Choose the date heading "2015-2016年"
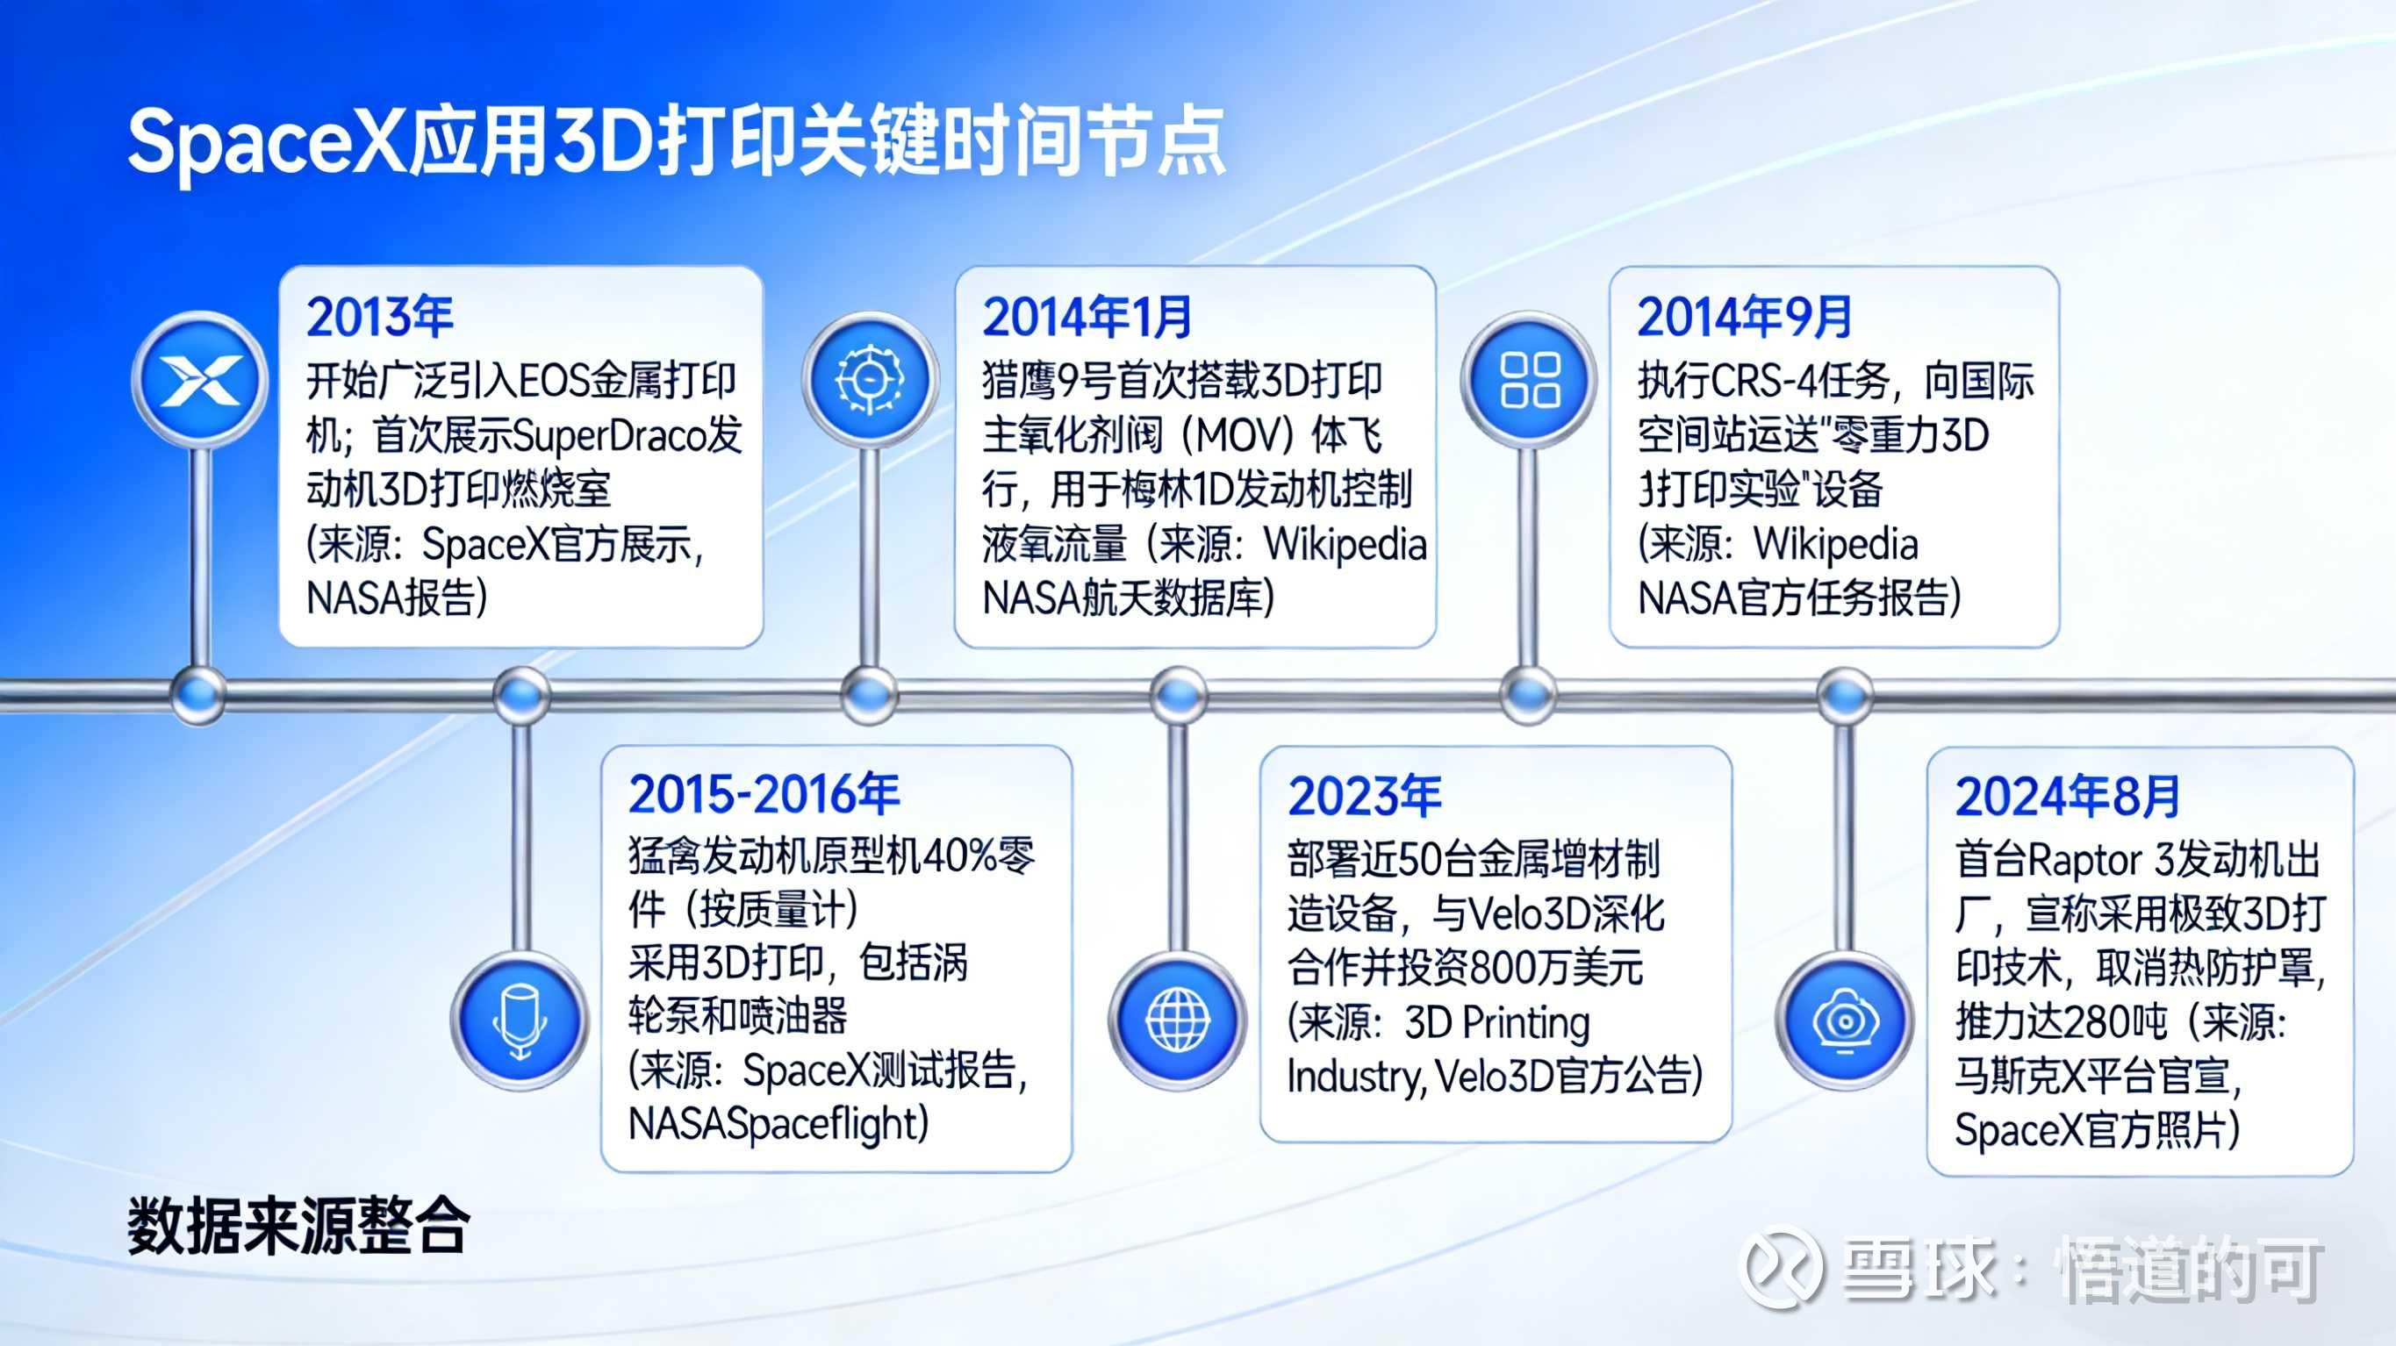click(764, 793)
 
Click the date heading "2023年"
click(1365, 795)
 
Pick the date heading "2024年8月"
click(2068, 795)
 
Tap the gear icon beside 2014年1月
click(869, 378)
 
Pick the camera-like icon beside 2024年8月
click(1846, 1020)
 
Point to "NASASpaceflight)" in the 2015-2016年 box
click(778, 1123)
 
